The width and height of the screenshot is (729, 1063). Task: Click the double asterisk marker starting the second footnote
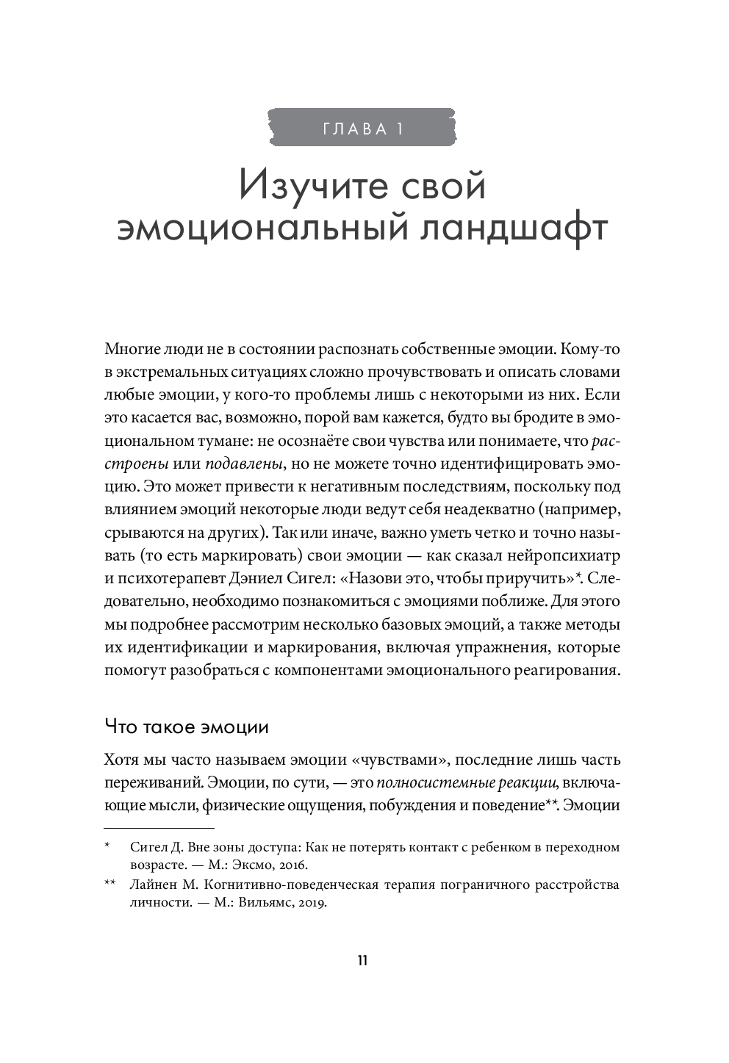pyautogui.click(x=111, y=884)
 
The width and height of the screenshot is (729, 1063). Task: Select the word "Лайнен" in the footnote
pyautogui.click(x=148, y=884)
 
